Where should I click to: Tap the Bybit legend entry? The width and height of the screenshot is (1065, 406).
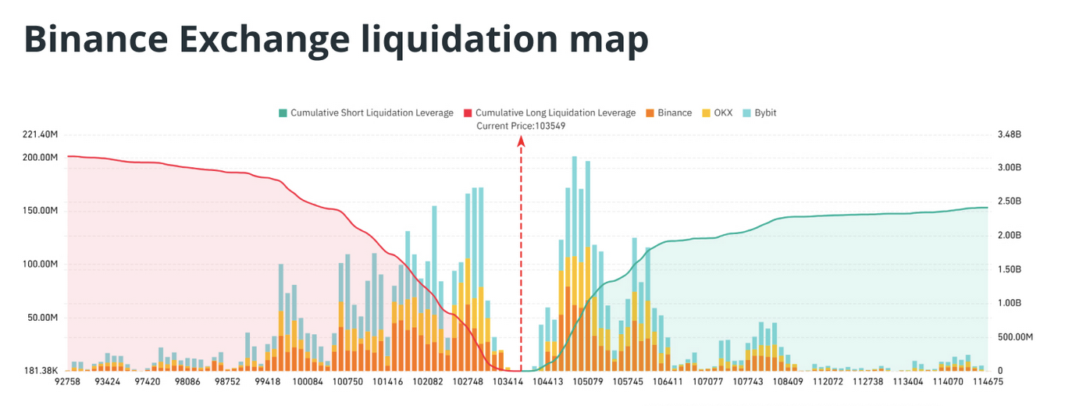[x=758, y=113]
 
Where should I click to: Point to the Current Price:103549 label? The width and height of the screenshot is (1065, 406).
[x=521, y=126]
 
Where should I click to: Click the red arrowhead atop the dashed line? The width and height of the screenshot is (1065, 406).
[x=521, y=141]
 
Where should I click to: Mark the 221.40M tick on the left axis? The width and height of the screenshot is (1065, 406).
[x=41, y=135]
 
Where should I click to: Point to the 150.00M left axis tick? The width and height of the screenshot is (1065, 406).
[x=41, y=211]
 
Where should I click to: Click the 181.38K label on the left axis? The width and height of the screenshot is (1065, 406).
[x=41, y=370]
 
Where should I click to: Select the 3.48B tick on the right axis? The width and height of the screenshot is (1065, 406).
[x=1010, y=135]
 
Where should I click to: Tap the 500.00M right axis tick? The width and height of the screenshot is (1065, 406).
[x=1015, y=337]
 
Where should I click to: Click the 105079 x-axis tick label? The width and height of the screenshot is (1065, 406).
[x=587, y=383]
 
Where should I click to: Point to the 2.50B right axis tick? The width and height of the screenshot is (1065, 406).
[x=1010, y=201]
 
